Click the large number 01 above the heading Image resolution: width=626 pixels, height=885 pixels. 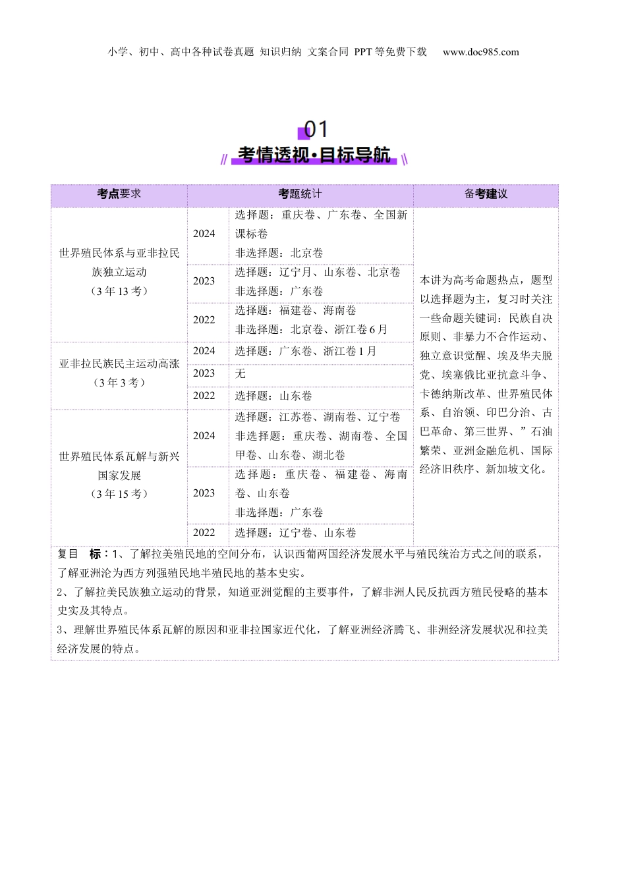click(x=315, y=129)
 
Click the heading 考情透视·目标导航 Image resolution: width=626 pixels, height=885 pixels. click(x=314, y=155)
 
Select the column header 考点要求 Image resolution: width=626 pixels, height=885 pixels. click(x=119, y=194)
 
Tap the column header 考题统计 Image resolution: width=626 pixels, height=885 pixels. click(x=300, y=194)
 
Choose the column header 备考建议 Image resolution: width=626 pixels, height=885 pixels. click(x=486, y=194)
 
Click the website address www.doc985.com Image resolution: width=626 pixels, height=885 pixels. click(x=480, y=52)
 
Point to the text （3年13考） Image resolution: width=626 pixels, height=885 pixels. click(x=119, y=291)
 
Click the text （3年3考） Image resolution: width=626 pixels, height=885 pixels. click(x=119, y=383)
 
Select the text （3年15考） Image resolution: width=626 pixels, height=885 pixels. click(x=119, y=494)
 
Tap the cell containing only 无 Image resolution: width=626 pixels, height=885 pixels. click(x=241, y=373)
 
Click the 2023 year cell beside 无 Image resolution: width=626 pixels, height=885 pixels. click(x=204, y=373)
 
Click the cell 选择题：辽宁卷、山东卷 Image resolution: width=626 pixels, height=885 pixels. click(x=296, y=533)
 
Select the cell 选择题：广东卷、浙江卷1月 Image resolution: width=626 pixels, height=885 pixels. click(x=306, y=351)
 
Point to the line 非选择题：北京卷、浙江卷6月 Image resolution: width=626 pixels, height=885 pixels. click(x=311, y=329)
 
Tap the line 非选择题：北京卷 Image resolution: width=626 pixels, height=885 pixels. click(x=279, y=253)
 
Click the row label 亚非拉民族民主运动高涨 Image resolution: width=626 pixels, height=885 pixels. click(x=119, y=363)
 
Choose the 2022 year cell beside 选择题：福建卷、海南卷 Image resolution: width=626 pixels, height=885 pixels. click(x=204, y=320)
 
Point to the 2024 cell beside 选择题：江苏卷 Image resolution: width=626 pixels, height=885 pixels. click(x=204, y=436)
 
